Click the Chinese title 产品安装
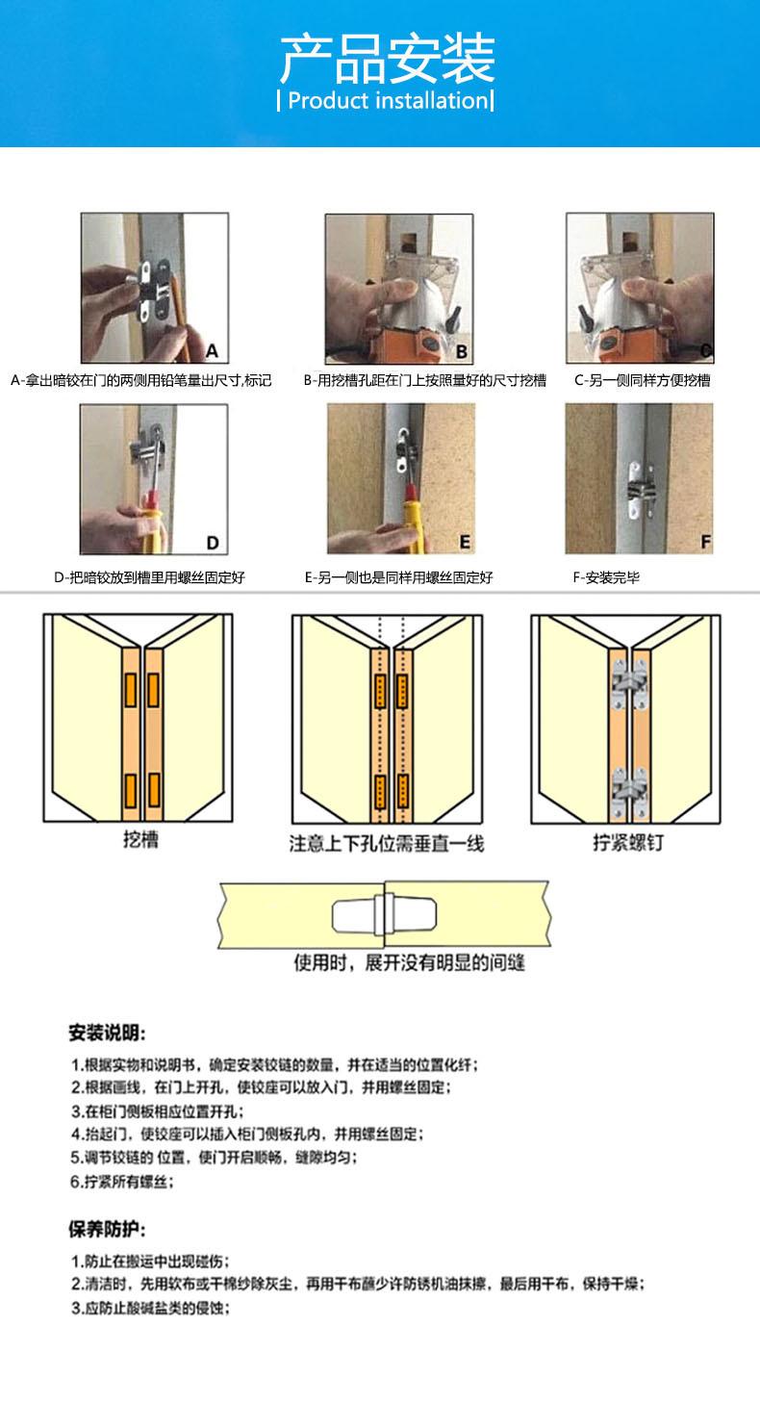(x=387, y=60)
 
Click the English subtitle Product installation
(x=385, y=101)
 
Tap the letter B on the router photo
(x=462, y=351)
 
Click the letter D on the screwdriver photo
(x=213, y=543)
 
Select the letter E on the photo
(x=465, y=542)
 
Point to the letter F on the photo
(x=705, y=543)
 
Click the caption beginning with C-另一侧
(x=643, y=380)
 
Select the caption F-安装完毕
(x=606, y=578)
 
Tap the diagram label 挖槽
(x=141, y=840)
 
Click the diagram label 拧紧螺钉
(x=627, y=844)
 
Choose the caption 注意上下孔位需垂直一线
(x=387, y=844)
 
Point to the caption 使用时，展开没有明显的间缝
(x=409, y=963)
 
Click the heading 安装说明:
(x=107, y=1034)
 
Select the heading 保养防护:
(x=107, y=1230)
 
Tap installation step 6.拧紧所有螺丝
(x=123, y=1182)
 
